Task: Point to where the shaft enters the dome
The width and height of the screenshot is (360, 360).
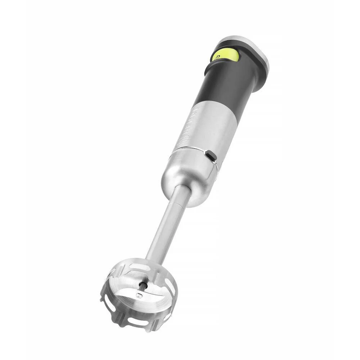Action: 182,191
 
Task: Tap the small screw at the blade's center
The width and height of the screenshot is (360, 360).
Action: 139,296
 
